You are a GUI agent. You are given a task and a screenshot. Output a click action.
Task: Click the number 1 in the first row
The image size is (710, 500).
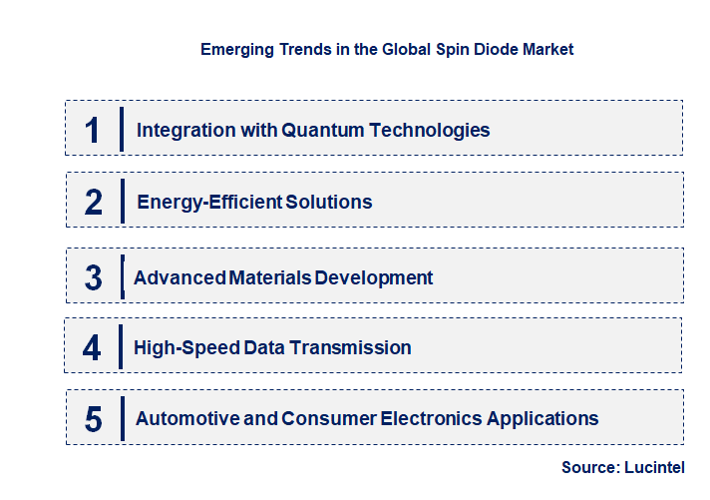tap(93, 130)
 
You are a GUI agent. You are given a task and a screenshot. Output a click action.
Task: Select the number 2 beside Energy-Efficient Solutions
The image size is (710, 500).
tap(94, 202)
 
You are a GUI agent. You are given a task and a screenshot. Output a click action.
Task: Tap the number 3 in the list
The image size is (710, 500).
tap(94, 277)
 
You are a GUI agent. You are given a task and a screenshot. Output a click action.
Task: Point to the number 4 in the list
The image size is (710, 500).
tap(92, 347)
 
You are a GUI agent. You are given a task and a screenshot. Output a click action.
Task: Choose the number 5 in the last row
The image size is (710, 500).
tap(94, 418)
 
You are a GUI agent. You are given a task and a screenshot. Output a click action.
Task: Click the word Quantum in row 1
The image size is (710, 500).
tap(319, 130)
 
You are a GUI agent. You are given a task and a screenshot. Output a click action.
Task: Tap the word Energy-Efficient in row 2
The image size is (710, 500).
tap(209, 202)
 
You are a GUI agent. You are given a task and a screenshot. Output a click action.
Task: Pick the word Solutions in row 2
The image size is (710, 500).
tap(329, 202)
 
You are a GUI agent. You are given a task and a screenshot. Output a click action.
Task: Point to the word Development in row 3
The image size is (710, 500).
tap(374, 277)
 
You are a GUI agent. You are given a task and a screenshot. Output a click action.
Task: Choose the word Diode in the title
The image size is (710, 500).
tap(464, 49)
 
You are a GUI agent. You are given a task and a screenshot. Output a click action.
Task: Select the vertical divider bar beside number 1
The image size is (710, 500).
tap(121, 130)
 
